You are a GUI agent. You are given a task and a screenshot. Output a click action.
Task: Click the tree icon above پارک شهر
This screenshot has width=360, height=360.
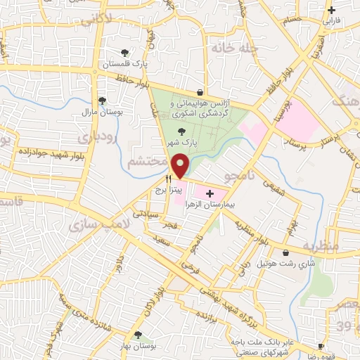(182, 131)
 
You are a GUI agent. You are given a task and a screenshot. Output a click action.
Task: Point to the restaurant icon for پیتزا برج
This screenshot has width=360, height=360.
(168, 179)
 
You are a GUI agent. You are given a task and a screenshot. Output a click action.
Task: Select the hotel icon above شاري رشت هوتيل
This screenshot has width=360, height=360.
(285, 253)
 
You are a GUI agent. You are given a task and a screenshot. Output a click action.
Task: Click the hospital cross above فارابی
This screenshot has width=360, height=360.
(332, 10)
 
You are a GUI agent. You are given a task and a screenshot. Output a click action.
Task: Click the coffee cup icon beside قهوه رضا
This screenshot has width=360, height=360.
(321, 347)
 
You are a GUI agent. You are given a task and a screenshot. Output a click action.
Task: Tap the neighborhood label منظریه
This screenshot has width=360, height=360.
(334, 246)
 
